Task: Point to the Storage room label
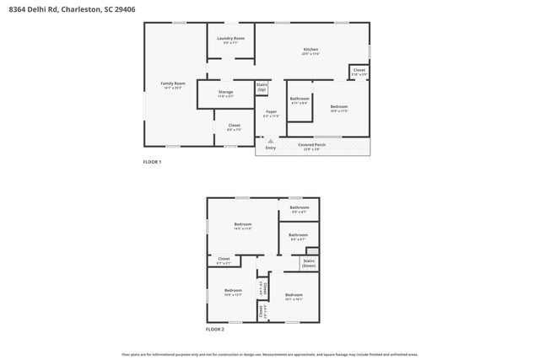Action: click(225, 94)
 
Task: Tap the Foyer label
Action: click(271, 113)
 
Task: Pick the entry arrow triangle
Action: click(270, 141)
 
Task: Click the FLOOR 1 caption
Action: click(152, 162)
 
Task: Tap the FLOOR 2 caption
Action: click(215, 329)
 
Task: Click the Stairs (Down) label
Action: click(309, 263)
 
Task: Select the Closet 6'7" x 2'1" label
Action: click(224, 261)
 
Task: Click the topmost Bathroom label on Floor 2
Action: click(299, 209)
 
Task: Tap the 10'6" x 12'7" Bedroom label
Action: click(233, 292)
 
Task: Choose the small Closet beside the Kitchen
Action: click(359, 72)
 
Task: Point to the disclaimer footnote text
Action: click(269, 355)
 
